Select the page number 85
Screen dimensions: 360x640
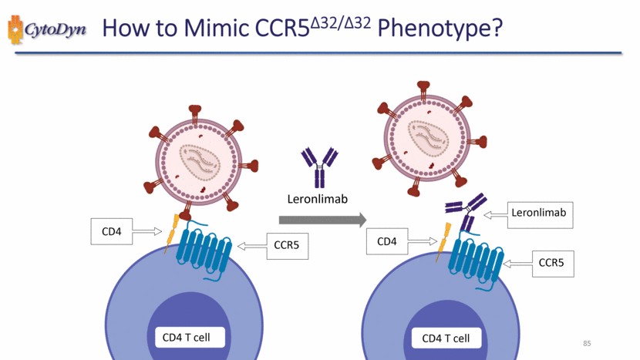click(x=587, y=343)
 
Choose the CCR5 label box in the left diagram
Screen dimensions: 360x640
click(x=287, y=246)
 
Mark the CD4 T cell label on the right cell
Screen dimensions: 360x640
click(x=446, y=338)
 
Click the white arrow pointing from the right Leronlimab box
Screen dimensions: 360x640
click(x=496, y=216)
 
